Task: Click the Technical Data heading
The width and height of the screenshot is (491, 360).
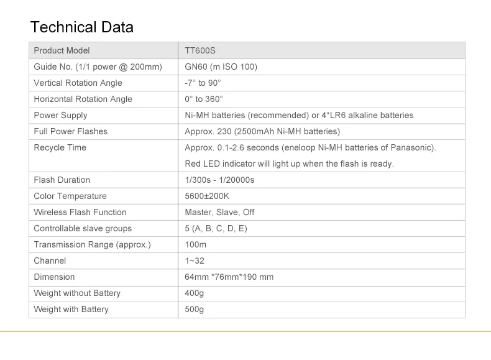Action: pyautogui.click(x=81, y=27)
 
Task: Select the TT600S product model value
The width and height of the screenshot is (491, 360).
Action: pyautogui.click(x=200, y=50)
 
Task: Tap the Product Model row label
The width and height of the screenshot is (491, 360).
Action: pyautogui.click(x=62, y=50)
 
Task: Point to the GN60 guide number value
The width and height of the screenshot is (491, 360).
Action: pyautogui.click(x=221, y=67)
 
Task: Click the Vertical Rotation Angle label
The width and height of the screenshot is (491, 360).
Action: pyautogui.click(x=78, y=83)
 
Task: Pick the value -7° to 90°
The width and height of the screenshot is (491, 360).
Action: pyautogui.click(x=203, y=83)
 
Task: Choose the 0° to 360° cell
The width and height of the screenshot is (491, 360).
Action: pyautogui.click(x=203, y=99)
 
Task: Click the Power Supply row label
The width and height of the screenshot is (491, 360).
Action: pyautogui.click(x=60, y=115)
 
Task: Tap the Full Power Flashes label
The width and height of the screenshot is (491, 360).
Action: pyautogui.click(x=70, y=131)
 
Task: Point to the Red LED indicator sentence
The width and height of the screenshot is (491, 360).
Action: pyautogui.click(x=289, y=164)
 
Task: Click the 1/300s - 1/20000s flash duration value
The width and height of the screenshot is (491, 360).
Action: pyautogui.click(x=219, y=180)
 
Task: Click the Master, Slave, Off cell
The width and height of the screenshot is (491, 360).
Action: pyautogui.click(x=219, y=212)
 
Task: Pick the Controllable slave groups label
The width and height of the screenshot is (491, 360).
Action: pyautogui.click(x=83, y=228)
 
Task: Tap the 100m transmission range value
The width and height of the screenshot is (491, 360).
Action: pyautogui.click(x=195, y=244)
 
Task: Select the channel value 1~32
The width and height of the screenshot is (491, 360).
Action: pyautogui.click(x=195, y=261)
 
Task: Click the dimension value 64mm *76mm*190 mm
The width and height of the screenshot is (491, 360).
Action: pyautogui.click(x=229, y=277)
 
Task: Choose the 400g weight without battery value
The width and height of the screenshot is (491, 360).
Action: pyautogui.click(x=194, y=293)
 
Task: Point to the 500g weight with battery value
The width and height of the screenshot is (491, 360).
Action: pyautogui.click(x=194, y=309)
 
